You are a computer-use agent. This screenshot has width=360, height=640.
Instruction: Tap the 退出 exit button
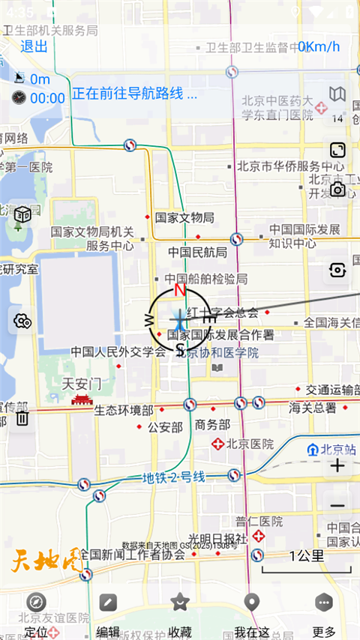34,46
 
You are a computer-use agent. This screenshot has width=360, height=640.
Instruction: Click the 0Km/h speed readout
319,46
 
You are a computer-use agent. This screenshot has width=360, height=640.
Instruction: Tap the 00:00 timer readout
47,98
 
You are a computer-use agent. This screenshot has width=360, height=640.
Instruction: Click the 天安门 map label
82,383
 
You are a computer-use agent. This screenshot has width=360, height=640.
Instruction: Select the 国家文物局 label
184,217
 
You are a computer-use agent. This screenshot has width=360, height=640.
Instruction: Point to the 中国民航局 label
197,252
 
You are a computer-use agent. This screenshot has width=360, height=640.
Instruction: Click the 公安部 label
165,427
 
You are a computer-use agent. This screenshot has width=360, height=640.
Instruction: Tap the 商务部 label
211,424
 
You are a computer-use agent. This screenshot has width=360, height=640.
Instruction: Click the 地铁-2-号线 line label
174,477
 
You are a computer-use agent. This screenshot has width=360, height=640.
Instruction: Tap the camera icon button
338,190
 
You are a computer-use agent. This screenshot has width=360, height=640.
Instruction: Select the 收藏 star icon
179,602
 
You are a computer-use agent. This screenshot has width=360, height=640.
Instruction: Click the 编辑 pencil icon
108,602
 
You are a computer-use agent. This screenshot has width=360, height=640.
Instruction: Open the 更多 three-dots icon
324,602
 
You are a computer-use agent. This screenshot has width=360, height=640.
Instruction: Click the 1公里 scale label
306,555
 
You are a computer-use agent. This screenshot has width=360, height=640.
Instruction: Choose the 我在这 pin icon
252,602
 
